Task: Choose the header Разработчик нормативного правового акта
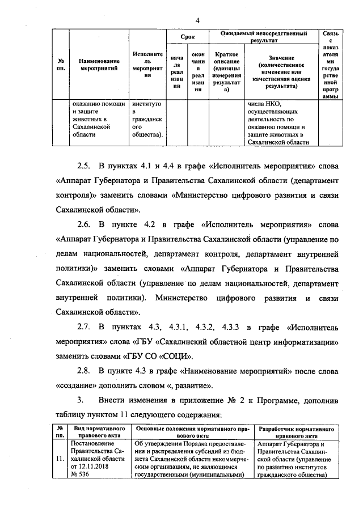[x=294, y=432]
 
